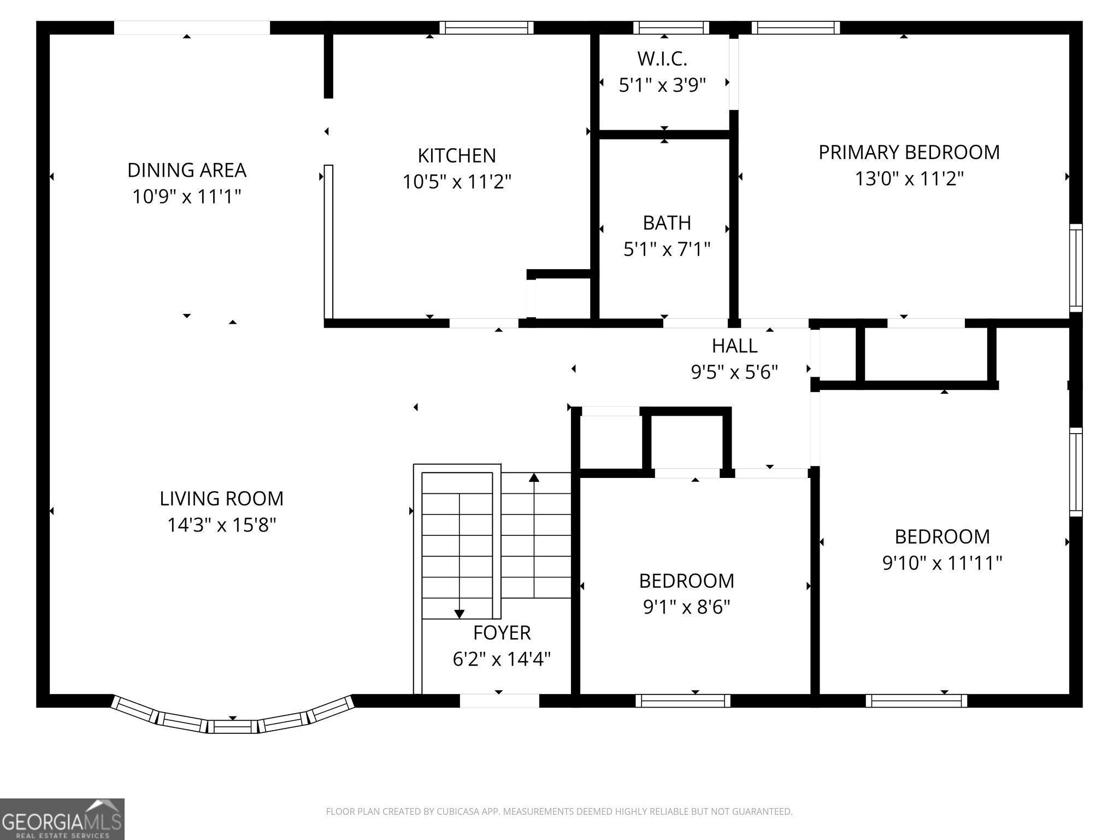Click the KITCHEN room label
457,156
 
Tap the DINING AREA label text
187,170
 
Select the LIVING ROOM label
222,499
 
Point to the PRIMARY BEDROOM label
909,152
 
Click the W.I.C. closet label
662,58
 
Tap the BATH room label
667,223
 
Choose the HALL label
735,346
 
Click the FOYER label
502,633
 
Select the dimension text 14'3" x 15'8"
222,525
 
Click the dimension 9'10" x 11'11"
943,563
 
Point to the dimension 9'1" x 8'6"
687,607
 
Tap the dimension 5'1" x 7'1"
667,249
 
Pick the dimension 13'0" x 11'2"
909,178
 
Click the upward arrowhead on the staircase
534,477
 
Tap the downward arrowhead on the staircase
460,614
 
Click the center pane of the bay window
233,727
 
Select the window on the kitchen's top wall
486,28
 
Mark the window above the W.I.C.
672,28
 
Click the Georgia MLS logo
62,819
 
